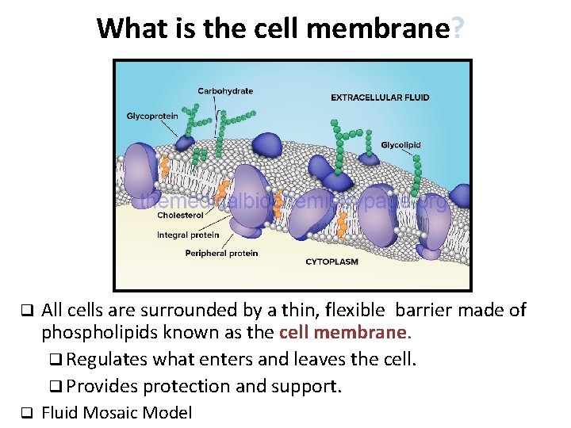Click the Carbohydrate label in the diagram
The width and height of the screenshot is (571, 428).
(x=225, y=91)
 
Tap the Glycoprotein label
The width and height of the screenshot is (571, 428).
(x=152, y=117)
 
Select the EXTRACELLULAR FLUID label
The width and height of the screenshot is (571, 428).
(x=380, y=97)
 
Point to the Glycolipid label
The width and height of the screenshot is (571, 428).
(x=400, y=145)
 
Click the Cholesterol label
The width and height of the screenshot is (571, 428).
(x=180, y=216)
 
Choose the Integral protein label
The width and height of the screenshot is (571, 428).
(x=188, y=235)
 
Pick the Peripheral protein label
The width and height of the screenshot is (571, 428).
(x=221, y=254)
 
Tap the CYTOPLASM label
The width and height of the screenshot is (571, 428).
(x=331, y=261)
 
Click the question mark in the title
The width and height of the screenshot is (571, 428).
(x=458, y=29)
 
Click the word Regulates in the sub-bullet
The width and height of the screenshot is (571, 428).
(x=107, y=359)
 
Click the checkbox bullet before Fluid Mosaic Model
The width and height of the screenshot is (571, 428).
(x=25, y=413)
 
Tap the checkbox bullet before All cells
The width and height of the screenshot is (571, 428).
(x=25, y=309)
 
